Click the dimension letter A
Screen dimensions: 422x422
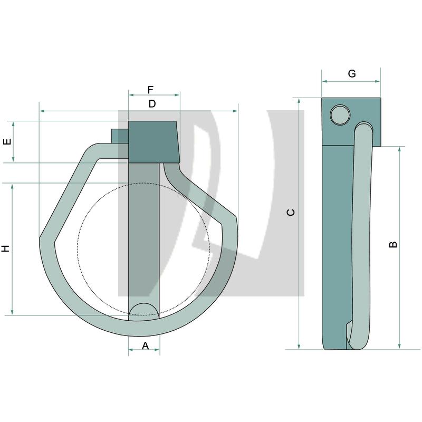point(146,346)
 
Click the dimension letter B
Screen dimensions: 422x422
point(393,244)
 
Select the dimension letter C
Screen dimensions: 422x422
point(291,213)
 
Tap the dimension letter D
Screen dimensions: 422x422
point(152,104)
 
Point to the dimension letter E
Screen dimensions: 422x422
point(7,142)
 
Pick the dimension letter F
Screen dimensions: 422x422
point(150,90)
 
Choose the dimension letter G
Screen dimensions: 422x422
point(352,74)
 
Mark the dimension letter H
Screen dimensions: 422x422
point(6,248)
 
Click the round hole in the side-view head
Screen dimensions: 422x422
point(339,114)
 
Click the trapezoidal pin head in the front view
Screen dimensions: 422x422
point(153,141)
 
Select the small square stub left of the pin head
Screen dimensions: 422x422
point(119,136)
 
